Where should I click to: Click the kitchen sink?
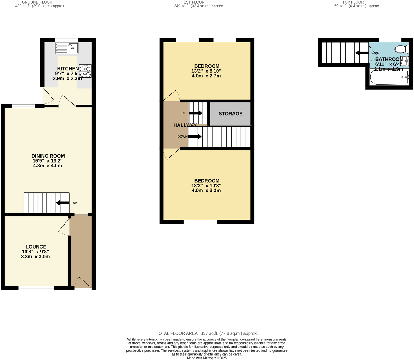click(x=67, y=48)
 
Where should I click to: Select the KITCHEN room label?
click(x=68, y=69)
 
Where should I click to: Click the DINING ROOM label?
click(x=48, y=156)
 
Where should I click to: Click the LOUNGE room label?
click(x=36, y=247)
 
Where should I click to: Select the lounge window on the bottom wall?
click(x=36, y=288)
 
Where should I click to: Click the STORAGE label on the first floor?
click(x=230, y=114)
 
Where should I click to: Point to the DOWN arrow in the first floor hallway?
click(x=195, y=137)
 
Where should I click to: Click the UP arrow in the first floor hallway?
click(x=196, y=113)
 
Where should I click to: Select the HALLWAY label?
click(x=185, y=125)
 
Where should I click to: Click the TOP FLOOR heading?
click(x=353, y=2)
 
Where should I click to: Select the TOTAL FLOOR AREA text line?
click(x=207, y=333)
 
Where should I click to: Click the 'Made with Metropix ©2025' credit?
click(x=207, y=358)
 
